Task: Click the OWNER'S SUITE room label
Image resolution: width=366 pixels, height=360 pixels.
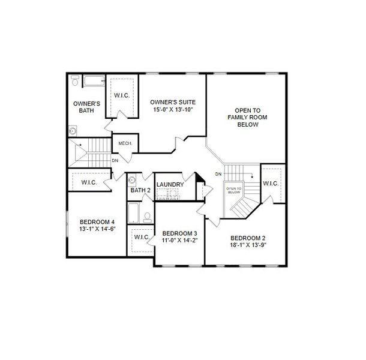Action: tap(173, 103)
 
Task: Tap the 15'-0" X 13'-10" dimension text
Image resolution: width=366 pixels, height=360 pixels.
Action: tap(173, 110)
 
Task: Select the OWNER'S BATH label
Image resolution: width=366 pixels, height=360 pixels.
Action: tap(86, 107)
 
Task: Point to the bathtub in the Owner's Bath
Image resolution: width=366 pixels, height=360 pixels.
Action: tap(94, 80)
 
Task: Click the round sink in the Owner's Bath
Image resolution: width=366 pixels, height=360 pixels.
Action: tap(73, 130)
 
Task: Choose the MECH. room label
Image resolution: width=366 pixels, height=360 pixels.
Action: tap(125, 143)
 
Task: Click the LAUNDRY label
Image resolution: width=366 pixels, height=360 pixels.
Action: tap(170, 184)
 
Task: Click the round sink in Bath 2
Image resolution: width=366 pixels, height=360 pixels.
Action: tap(133, 179)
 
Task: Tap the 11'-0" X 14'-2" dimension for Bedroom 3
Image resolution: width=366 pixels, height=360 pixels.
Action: tap(180, 240)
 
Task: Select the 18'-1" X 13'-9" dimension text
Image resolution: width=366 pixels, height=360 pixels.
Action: tap(248, 245)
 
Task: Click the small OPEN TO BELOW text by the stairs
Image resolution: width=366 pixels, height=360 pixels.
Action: tap(233, 190)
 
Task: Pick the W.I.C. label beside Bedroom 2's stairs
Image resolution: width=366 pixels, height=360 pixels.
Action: tap(271, 183)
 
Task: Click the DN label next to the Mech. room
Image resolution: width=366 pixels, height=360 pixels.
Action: tap(115, 161)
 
